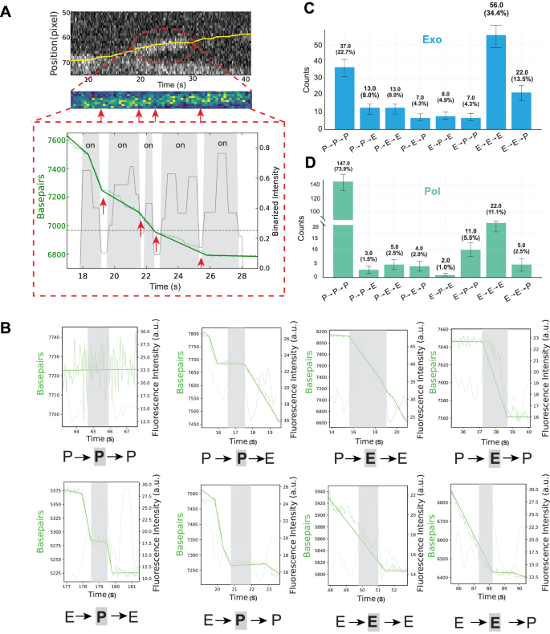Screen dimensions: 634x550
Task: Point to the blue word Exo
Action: coord(426,38)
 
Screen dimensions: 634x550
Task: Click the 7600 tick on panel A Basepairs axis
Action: coord(57,140)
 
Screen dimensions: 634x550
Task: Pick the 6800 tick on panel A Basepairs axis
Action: coord(57,255)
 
